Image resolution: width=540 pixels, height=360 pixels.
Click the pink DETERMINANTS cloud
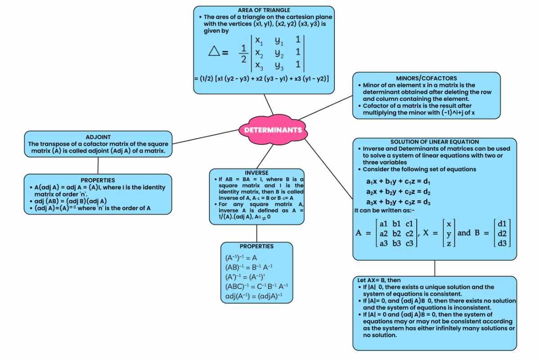[273, 130]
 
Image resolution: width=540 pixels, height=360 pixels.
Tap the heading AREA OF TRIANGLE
[264, 10]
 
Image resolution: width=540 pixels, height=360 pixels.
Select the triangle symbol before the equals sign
[214, 51]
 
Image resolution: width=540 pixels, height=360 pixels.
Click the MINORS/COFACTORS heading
[426, 78]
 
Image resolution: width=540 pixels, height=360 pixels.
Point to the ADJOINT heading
[98, 137]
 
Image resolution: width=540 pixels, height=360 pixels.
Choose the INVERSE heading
[256, 173]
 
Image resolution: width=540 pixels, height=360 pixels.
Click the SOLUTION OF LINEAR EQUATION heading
[435, 142]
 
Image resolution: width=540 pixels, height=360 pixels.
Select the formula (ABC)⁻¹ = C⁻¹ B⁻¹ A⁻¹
[256, 286]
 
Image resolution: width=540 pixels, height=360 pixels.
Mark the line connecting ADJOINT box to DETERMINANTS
[205, 137]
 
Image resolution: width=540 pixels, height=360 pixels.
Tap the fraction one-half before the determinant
[243, 53]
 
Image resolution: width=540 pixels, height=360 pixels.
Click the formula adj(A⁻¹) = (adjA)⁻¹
[254, 296]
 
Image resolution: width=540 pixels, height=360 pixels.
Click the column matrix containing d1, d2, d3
[502, 233]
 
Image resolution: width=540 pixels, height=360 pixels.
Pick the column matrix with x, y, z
[449, 233]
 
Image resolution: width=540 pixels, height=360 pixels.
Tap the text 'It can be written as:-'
[384, 210]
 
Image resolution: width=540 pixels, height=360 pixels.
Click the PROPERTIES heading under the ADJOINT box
[98, 180]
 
